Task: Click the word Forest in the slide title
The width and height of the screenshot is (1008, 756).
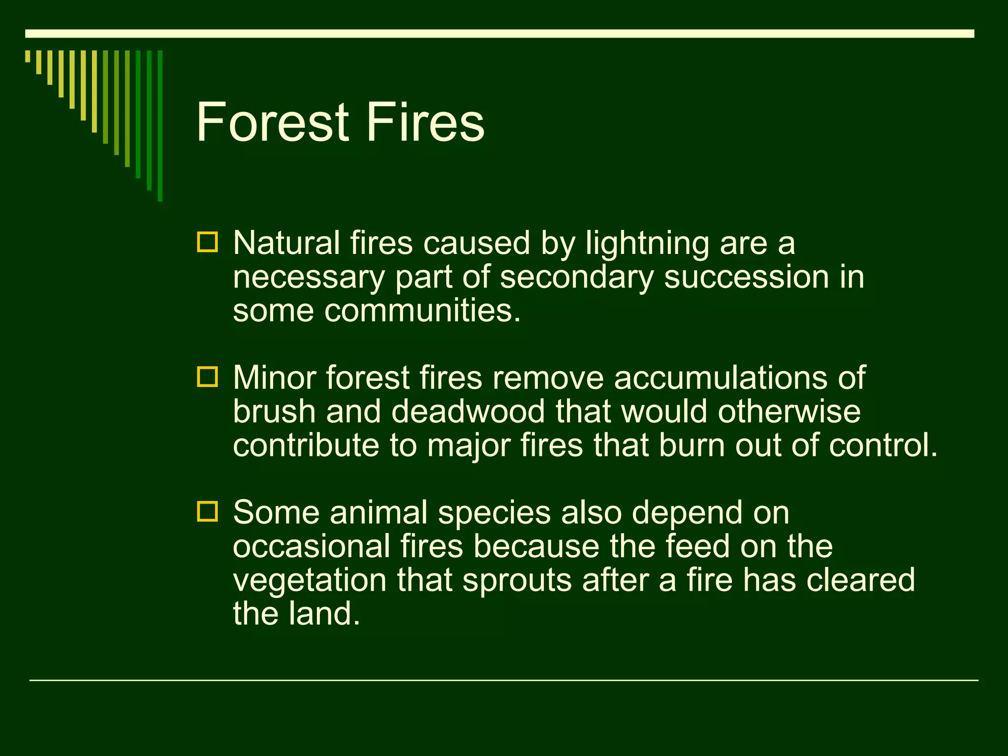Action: [x=273, y=122]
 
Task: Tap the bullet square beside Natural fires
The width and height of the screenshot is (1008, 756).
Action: [x=207, y=242]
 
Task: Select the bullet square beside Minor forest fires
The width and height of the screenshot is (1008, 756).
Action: [x=207, y=377]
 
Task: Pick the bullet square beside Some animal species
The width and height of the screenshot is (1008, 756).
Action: [x=207, y=511]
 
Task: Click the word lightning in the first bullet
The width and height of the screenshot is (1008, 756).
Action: [x=647, y=244]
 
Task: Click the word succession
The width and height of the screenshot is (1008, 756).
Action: [x=746, y=277]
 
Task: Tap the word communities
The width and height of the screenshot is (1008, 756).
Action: [x=421, y=311]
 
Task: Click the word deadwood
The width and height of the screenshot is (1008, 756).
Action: [x=468, y=411]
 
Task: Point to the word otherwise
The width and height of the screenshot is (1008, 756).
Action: [x=789, y=411]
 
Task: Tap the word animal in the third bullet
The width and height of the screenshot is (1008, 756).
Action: [x=378, y=513]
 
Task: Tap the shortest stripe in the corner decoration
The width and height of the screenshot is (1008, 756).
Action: [x=28, y=56]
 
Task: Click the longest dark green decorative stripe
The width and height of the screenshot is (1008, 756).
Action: [x=160, y=126]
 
